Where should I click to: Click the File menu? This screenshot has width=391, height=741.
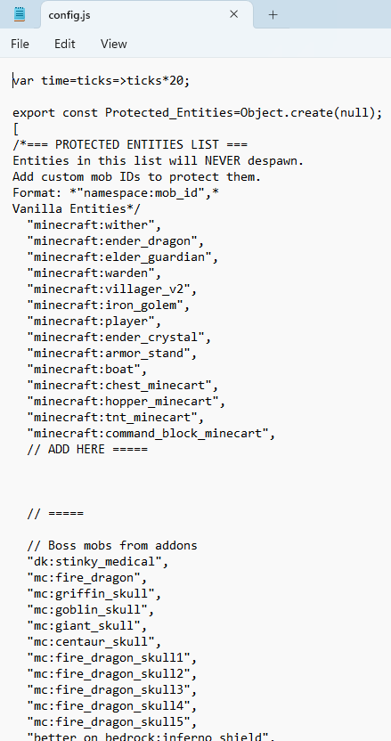(x=20, y=44)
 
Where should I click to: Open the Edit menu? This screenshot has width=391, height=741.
(x=65, y=44)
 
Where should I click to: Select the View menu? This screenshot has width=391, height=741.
(x=113, y=44)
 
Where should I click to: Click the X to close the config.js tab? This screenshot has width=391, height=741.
(x=233, y=14)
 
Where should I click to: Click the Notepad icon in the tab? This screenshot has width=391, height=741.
(x=20, y=14)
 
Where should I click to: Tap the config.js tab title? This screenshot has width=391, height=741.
(x=69, y=15)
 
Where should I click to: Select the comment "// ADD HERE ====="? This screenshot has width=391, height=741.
(x=87, y=449)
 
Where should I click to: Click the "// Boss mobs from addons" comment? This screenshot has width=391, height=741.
(x=112, y=545)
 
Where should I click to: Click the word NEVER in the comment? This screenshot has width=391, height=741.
(x=222, y=160)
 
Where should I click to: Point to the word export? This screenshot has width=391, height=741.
(x=34, y=113)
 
